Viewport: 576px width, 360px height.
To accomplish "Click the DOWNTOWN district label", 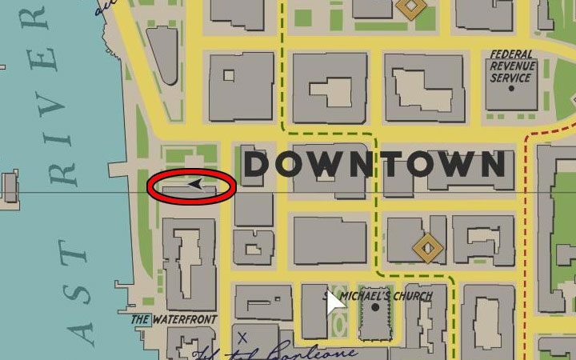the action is pos(374,165).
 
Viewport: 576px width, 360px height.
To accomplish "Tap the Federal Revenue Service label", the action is pos(512,67).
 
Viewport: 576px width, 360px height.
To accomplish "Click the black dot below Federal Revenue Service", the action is pos(512,88).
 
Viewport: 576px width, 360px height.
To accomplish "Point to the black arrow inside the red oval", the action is pos(194,186).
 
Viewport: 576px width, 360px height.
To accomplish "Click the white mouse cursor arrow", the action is pos(334,306).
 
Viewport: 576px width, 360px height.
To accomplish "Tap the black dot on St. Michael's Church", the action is pos(374,308).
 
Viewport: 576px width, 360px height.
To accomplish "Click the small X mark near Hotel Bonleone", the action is pos(242,338).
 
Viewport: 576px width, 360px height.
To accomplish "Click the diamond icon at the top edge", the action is pos(410,7).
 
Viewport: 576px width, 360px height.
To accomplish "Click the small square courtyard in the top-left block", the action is pos(229,76).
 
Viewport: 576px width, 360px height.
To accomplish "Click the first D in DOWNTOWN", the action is pos(259,165).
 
